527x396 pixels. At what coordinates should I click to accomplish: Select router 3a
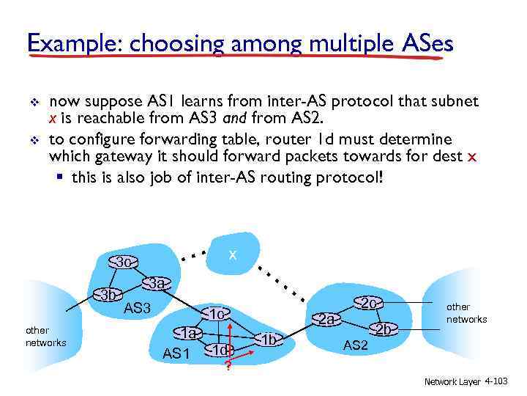[155, 283]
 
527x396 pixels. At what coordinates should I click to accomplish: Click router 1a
[190, 332]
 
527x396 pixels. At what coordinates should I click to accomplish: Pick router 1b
[269, 339]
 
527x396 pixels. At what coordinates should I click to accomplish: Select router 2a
[327, 319]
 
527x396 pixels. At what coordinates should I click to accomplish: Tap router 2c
[369, 303]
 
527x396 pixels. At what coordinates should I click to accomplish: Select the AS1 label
[176, 353]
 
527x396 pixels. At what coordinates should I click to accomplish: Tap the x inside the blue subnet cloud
[232, 254]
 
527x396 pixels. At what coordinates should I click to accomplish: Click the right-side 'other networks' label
[466, 313]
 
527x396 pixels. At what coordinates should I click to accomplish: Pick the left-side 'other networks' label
[45, 337]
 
